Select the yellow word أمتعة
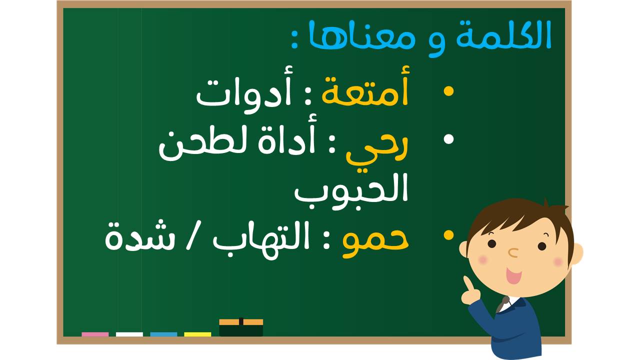tap(365, 86)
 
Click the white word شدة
tap(140, 236)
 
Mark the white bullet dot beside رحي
tap(448, 139)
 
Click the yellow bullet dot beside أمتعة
tap(448, 91)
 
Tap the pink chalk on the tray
tap(95, 334)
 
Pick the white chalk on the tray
tap(129, 334)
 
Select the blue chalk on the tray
tap(163, 334)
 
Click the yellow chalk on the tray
tap(197, 334)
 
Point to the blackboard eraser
tap(241, 327)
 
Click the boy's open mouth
tap(513, 275)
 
